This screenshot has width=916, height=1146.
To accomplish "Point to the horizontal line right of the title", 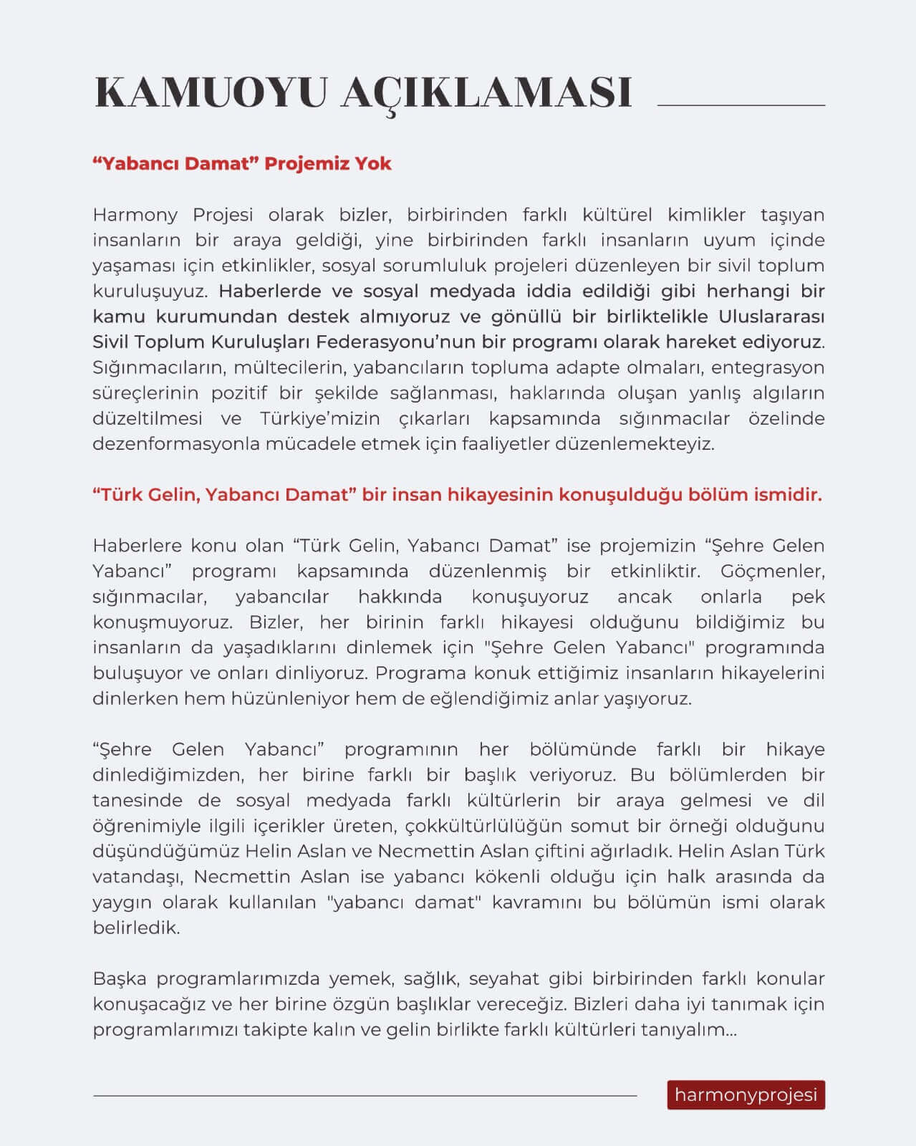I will (x=741, y=105).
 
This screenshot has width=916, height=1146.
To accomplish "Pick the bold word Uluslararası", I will (x=772, y=317).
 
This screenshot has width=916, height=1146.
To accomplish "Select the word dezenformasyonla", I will (x=176, y=444).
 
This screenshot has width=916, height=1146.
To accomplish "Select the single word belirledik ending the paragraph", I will (x=136, y=928).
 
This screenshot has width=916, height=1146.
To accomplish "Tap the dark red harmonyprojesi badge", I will (x=746, y=1095).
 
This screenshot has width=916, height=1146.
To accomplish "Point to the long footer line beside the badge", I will (x=365, y=1095).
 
